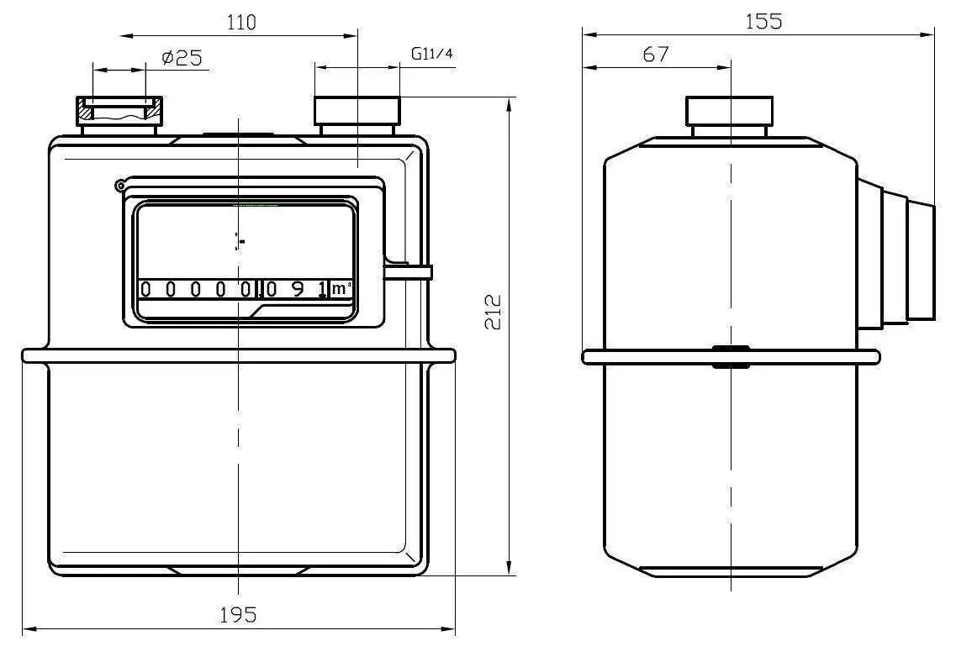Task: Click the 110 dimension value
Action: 241,23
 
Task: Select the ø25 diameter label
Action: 182,58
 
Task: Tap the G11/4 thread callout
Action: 432,54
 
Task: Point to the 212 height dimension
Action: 493,312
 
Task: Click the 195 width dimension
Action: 238,615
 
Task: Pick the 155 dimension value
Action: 763,22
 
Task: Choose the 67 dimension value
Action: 656,55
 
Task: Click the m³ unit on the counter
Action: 341,289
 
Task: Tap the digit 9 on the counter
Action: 298,289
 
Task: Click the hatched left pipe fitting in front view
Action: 119,110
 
